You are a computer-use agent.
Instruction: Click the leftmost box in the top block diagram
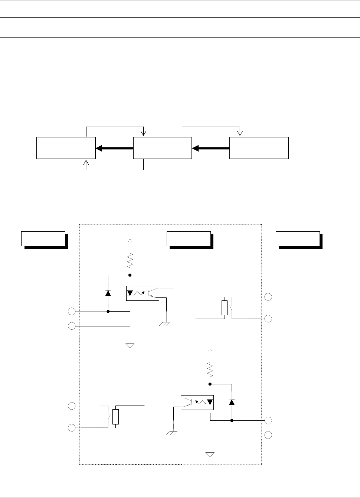pos(66,148)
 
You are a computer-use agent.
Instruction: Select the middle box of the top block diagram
pos(162,148)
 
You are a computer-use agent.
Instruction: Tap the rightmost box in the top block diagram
pos(259,148)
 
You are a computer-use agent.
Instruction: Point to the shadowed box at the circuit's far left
pos(43,239)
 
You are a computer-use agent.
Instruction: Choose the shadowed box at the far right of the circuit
pos(298,239)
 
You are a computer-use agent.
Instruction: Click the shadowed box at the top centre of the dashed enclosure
pos(189,239)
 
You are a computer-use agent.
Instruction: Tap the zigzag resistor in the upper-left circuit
pos(130,261)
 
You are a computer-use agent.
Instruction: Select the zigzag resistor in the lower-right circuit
pos(210,369)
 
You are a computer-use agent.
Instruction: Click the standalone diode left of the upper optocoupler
pos(108,293)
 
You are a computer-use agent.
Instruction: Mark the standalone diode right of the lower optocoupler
pos(232,402)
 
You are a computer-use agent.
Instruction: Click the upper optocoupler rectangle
pos(143,293)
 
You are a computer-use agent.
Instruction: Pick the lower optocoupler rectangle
pos(197,402)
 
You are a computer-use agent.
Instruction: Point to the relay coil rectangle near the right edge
pos(224,308)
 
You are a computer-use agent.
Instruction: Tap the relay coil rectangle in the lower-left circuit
pos(115,417)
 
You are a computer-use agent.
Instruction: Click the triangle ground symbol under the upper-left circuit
pos(130,345)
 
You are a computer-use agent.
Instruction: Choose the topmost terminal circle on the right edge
pos(268,297)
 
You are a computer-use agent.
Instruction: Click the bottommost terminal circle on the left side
pos(72,428)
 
